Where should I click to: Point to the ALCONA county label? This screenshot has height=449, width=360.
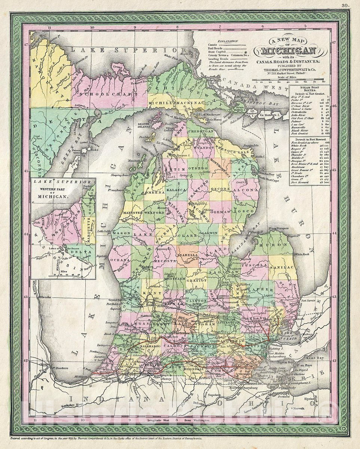(245, 190)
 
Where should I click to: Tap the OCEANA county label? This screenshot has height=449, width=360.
(120, 260)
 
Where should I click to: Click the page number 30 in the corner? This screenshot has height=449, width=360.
(344, 5)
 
